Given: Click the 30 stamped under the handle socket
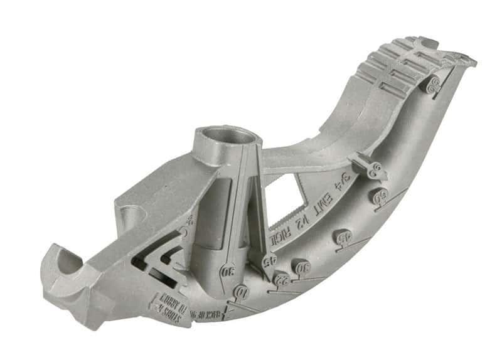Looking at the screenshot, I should click(x=228, y=272).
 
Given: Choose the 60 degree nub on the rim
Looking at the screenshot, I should click(x=378, y=196).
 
